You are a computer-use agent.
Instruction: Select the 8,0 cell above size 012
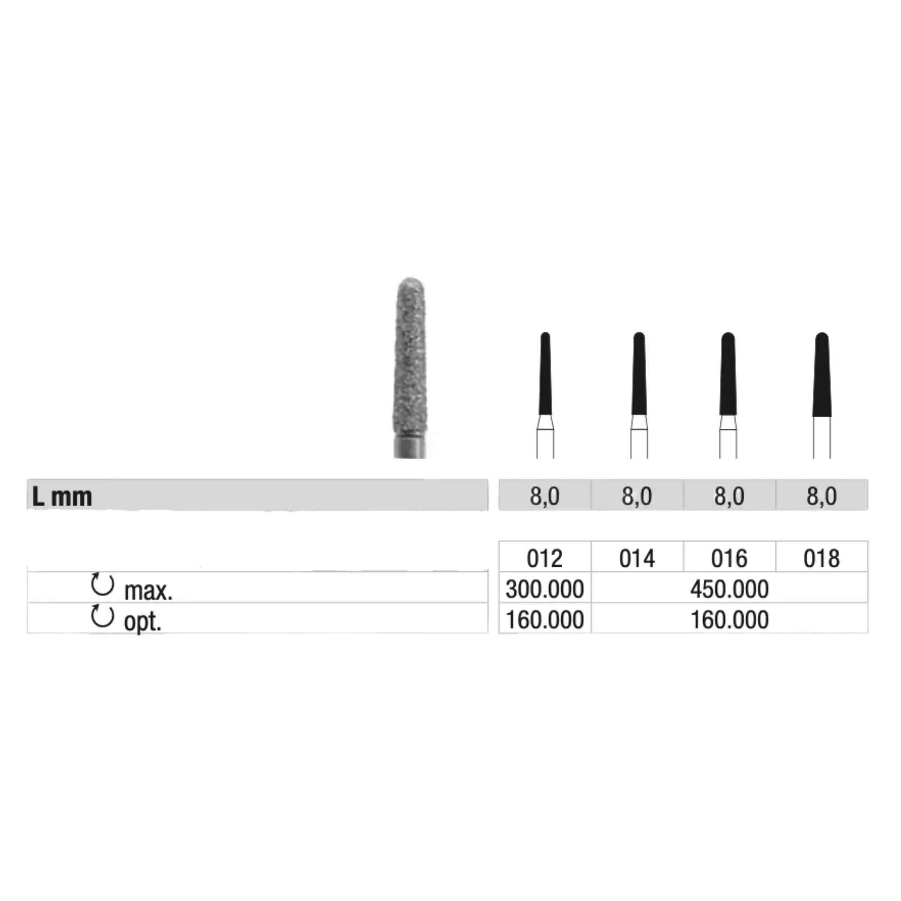coord(544,496)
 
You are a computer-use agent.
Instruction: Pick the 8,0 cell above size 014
coord(637,496)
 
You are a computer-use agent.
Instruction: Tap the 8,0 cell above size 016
coord(729,496)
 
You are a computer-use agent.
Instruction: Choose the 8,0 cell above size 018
coord(821,496)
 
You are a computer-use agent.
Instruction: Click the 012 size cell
coord(544,558)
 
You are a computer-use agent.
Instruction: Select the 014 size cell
coord(637,558)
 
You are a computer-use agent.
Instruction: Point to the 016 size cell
coord(729,558)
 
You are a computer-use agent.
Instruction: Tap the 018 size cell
coord(821,558)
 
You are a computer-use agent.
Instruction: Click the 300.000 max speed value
coord(544,589)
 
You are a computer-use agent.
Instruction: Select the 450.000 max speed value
coord(729,589)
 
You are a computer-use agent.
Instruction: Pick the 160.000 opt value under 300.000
coord(544,620)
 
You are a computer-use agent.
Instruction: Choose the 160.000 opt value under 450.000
coord(729,620)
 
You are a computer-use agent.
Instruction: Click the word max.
coord(148,592)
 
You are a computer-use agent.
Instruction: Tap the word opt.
coord(142,622)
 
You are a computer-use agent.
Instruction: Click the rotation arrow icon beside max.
coord(103,584)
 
